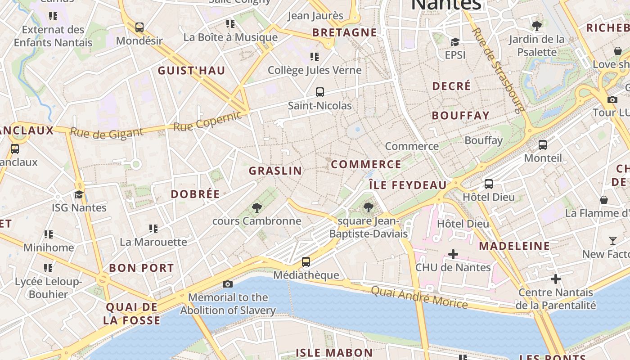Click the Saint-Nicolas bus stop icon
tap(320, 92)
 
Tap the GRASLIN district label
tap(275, 171)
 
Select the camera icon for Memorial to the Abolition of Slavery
tap(228, 284)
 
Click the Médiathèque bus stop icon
tap(306, 261)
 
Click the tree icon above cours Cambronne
tap(257, 207)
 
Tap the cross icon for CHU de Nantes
tap(453, 254)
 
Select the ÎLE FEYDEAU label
tap(408, 185)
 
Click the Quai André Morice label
tap(419, 297)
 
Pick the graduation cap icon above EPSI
tap(455, 42)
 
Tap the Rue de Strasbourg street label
tap(499, 70)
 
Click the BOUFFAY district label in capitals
tap(460, 116)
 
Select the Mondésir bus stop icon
tap(139, 27)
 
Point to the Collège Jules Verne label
tap(315, 70)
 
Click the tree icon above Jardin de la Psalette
tap(536, 26)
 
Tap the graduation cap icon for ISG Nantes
tap(79, 194)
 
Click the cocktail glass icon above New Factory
tap(612, 241)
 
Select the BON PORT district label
tap(141, 268)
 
